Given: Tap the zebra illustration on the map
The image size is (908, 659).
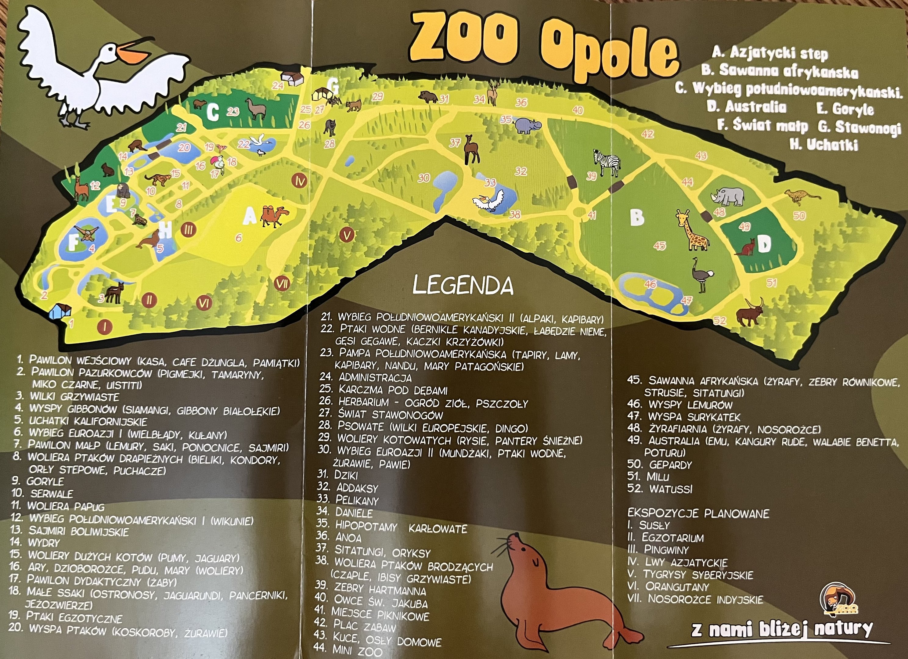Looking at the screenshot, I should coord(607,162).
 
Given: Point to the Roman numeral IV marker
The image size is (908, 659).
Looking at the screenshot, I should coord(300,181).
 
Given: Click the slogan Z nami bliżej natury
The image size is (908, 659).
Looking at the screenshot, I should coord(781,629).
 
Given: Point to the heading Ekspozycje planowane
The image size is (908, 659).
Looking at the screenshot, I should coord(698,513).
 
